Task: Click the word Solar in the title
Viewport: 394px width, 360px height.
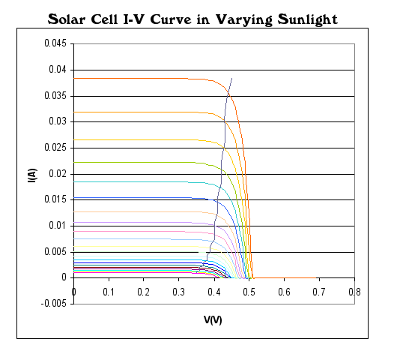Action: tap(73, 17)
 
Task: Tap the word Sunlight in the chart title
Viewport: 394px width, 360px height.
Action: tap(301, 17)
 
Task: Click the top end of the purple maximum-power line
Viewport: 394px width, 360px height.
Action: tap(232, 78)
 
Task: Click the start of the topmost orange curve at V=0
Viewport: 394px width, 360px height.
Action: tap(74, 78)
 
